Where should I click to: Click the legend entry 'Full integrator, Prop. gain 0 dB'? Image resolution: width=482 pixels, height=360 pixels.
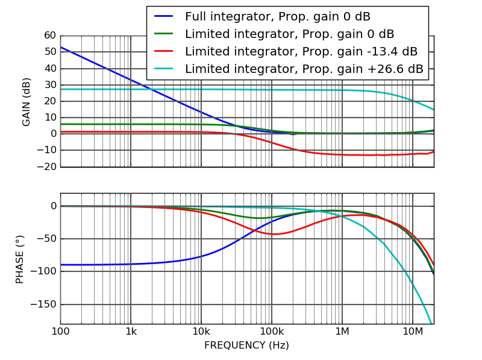[x=277, y=17]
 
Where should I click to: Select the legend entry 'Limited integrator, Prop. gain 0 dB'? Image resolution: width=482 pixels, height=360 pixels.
[x=289, y=34]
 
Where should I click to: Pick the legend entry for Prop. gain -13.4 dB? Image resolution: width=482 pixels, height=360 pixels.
[x=301, y=52]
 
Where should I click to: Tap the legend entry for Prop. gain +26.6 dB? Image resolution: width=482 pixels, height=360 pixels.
[x=304, y=69]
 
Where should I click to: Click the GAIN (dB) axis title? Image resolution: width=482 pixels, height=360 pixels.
[x=27, y=101]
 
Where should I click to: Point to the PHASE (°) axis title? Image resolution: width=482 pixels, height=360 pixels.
[x=20, y=259]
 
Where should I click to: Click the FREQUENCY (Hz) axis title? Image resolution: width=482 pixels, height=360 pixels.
[x=246, y=346]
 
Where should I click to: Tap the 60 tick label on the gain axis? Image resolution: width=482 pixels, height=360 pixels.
[x=50, y=36]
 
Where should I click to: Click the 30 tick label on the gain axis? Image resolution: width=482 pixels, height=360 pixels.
[x=50, y=85]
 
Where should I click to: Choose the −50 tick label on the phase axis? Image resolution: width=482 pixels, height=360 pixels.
[x=46, y=239]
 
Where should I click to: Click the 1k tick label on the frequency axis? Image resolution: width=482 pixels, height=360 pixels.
[x=131, y=331]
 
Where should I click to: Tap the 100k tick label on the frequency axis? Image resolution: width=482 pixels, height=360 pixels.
[x=272, y=331]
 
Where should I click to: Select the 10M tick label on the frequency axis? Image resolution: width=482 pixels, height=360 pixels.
[x=412, y=331]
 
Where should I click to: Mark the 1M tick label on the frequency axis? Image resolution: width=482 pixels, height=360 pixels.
[x=342, y=331]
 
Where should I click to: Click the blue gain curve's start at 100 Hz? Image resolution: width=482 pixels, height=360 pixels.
[x=61, y=47]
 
